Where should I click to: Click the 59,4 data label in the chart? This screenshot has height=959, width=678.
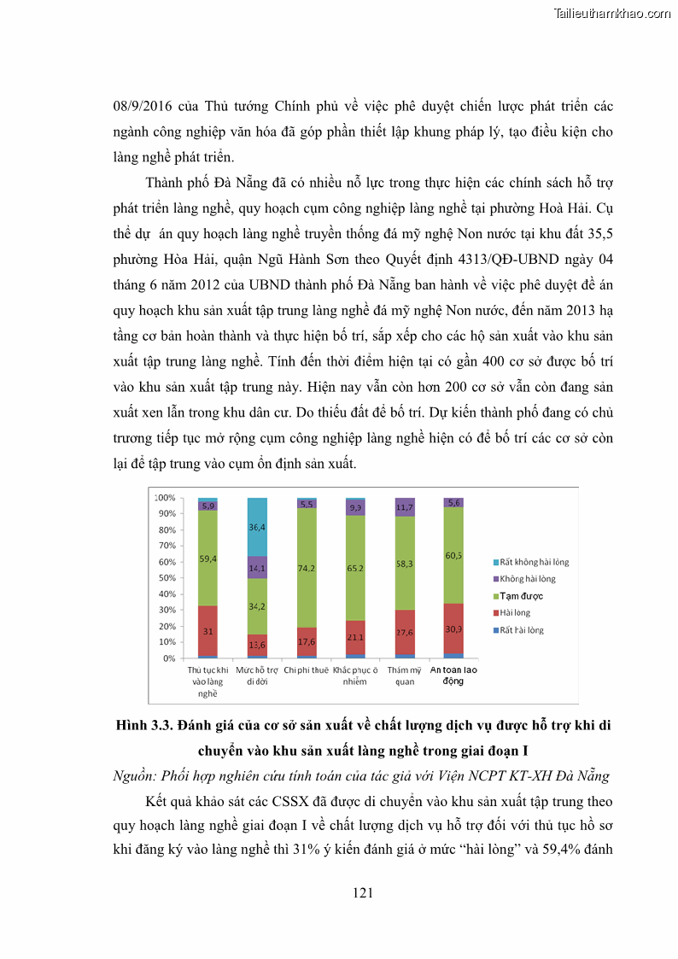[207, 558]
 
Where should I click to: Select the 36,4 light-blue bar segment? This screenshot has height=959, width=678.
[257, 527]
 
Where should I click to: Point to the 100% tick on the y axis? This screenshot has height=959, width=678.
[165, 498]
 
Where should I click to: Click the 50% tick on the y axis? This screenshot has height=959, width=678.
[167, 578]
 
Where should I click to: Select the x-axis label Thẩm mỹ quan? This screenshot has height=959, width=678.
[405, 675]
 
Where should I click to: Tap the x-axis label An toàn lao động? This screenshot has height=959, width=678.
[453, 675]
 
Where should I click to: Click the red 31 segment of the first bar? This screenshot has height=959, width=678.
[207, 631]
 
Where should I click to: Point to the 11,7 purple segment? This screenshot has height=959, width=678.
[405, 507]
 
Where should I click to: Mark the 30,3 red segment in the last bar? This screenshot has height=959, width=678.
[453, 629]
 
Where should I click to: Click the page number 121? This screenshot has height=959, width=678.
[363, 893]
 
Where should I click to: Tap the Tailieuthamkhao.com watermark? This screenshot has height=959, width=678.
[612, 13]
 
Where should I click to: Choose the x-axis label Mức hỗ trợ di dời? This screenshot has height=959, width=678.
[257, 675]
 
